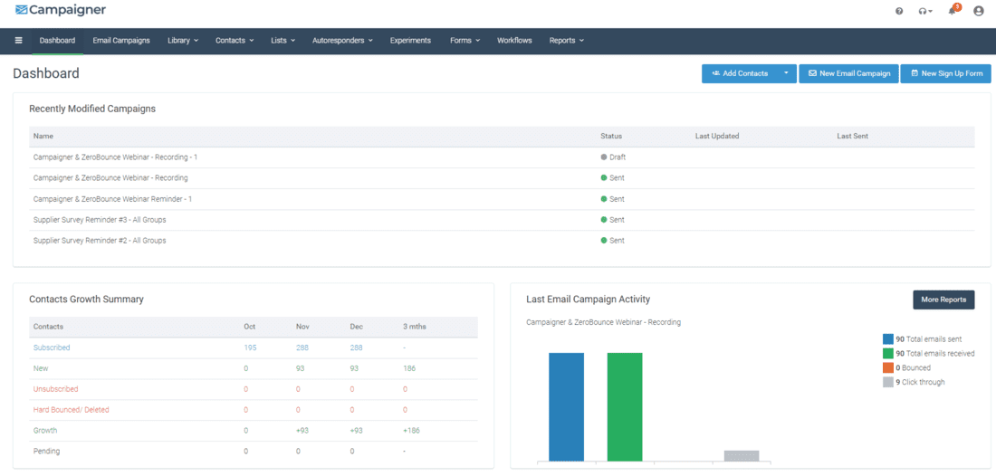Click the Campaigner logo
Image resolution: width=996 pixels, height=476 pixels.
61,10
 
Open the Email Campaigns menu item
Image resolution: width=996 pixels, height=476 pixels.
121,41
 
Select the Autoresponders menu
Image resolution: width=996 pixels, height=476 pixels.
342,41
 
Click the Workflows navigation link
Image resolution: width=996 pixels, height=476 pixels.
514,41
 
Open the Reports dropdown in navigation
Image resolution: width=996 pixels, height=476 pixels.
566,41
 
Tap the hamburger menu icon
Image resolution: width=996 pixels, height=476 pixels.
18,41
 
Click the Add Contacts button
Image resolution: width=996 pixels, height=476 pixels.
740,73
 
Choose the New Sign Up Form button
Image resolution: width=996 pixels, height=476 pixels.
945,73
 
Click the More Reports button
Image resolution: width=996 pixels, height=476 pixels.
943,300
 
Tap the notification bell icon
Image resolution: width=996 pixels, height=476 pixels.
953,11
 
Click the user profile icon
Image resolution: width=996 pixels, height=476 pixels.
978,11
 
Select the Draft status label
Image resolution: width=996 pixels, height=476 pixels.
617,157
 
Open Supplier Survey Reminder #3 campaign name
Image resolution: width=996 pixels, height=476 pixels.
100,220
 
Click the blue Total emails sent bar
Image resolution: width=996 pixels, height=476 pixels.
566,407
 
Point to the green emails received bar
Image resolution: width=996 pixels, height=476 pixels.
625,407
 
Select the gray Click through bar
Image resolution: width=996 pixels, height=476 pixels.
742,456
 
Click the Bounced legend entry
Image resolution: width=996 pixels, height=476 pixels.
915,367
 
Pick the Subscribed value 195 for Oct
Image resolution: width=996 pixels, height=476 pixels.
251,347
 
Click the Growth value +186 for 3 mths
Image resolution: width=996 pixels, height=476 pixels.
411,431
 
